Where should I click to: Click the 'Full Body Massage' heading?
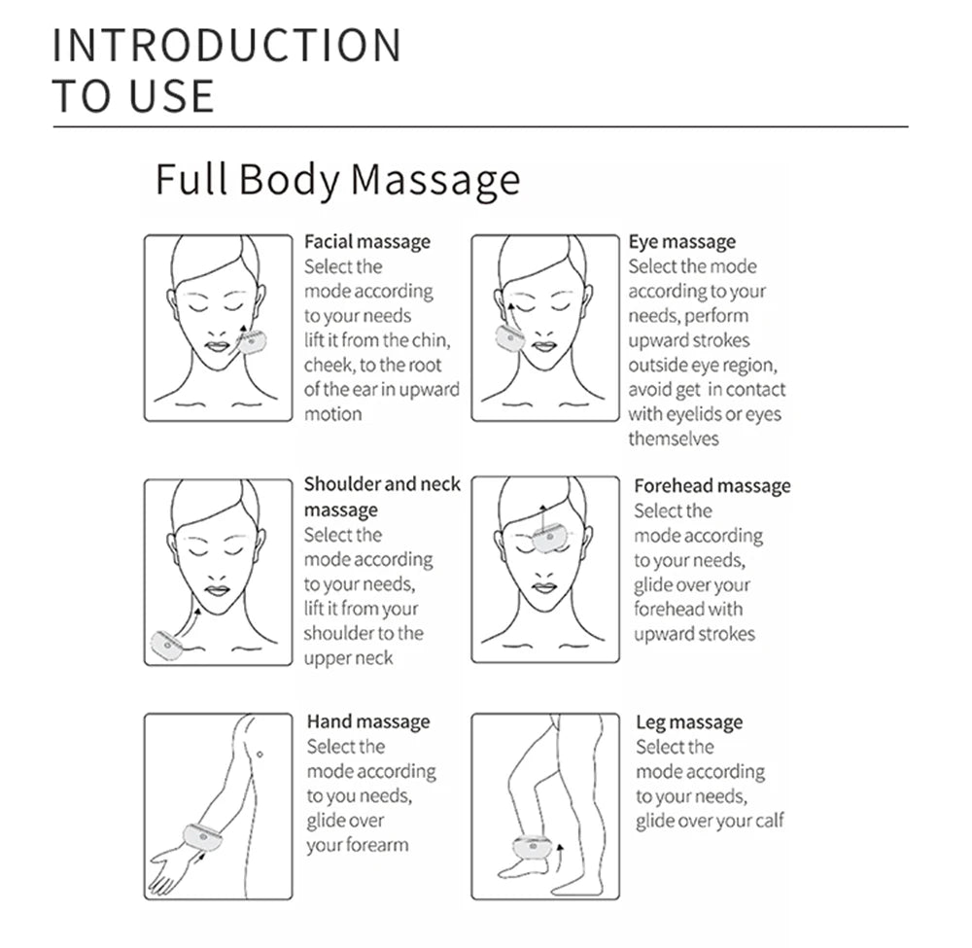click(337, 181)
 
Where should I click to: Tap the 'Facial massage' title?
click(366, 242)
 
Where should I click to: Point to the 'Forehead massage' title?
click(712, 486)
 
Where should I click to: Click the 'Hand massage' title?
click(367, 721)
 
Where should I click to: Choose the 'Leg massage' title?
click(688, 722)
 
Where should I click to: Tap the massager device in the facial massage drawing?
click(254, 341)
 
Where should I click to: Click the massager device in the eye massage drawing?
click(510, 337)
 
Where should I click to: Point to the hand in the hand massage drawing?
click(169, 870)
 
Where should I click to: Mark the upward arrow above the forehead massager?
click(543, 511)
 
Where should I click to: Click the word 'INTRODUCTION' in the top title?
click(226, 46)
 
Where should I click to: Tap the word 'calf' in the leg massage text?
click(767, 821)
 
